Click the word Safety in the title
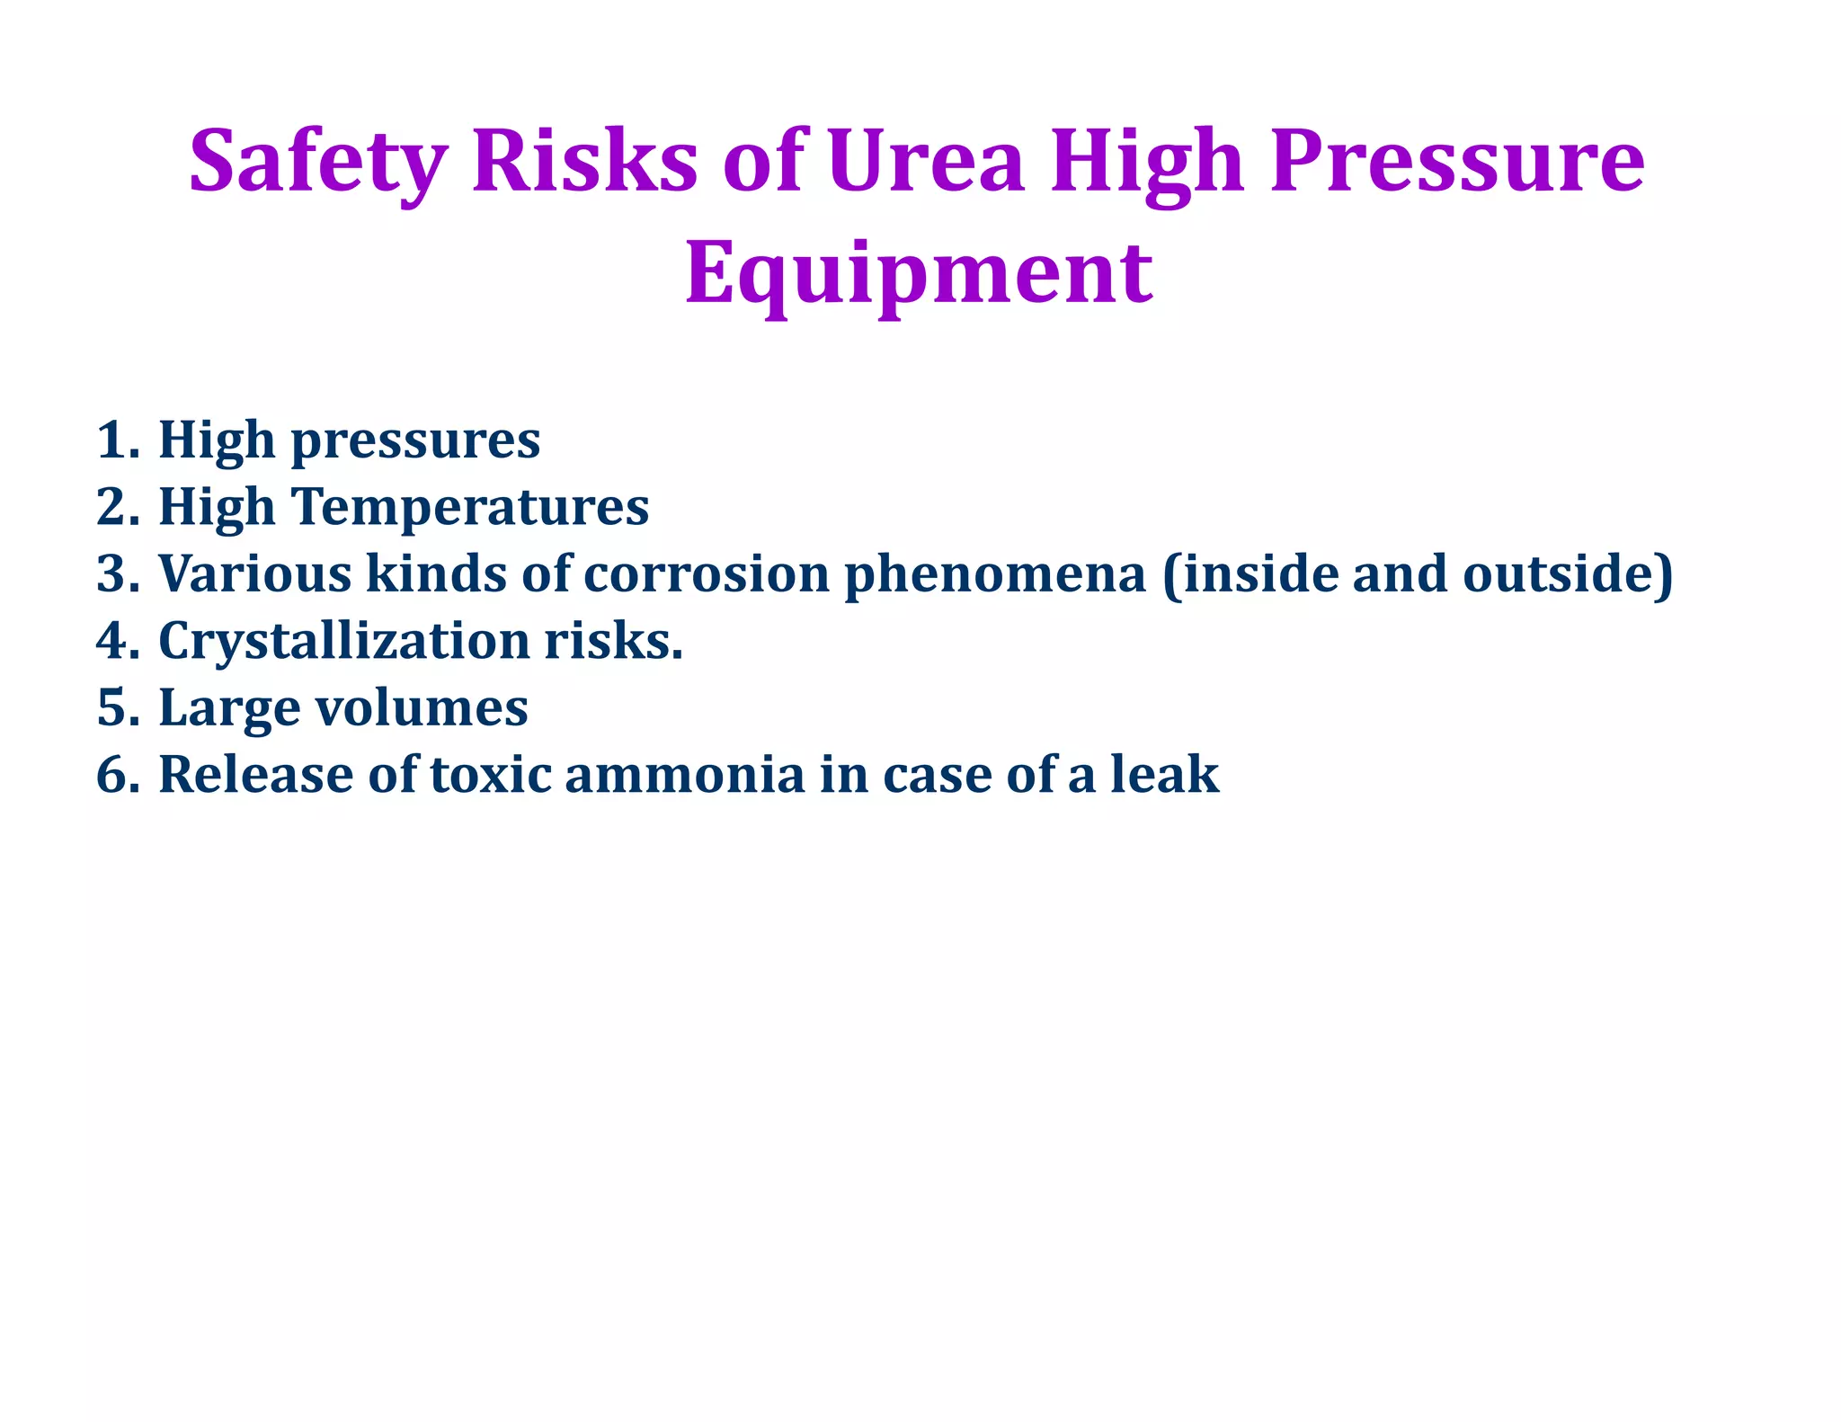(x=316, y=163)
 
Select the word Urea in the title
(x=925, y=163)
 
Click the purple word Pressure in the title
(x=1457, y=163)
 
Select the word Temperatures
(x=468, y=508)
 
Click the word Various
(x=254, y=574)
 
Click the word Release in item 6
(x=256, y=775)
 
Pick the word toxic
(x=491, y=775)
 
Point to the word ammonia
(x=684, y=775)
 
